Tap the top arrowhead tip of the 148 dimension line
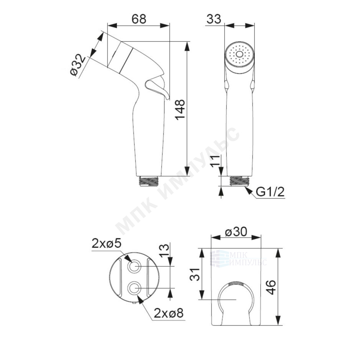(188, 42)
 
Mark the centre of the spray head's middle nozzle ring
(239, 54)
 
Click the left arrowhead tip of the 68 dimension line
(107, 25)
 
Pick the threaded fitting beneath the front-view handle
(239, 181)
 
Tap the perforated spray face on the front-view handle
(239, 54)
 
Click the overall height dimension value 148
(180, 109)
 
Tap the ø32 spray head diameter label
(78, 65)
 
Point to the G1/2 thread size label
(270, 192)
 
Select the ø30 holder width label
(236, 232)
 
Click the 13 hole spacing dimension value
(164, 251)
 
